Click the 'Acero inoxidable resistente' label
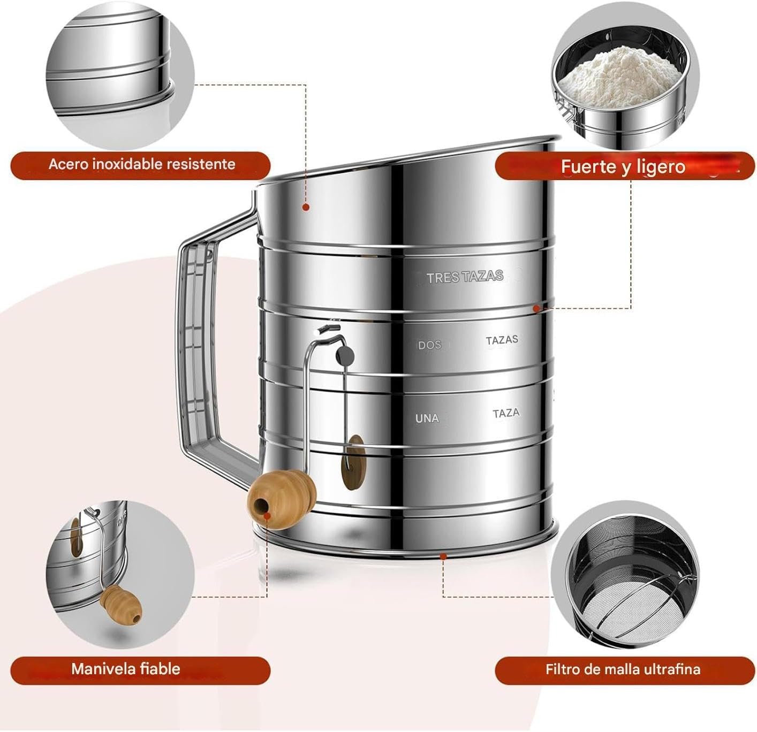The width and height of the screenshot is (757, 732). pyautogui.click(x=141, y=164)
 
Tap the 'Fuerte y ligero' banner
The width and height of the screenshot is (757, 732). pyautogui.click(x=623, y=167)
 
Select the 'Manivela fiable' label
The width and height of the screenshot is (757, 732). pyautogui.click(x=126, y=669)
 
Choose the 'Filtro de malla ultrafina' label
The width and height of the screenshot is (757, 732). pyautogui.click(x=623, y=669)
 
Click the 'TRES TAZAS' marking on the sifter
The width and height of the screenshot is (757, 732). pyautogui.click(x=465, y=277)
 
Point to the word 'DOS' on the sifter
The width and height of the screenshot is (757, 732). pyautogui.click(x=429, y=345)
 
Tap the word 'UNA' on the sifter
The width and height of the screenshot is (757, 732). pyautogui.click(x=427, y=418)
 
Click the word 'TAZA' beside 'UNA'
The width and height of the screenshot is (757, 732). pyautogui.click(x=506, y=413)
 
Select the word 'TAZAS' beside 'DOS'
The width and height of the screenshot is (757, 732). pyautogui.click(x=502, y=340)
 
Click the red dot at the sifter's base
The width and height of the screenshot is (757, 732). pyautogui.click(x=443, y=556)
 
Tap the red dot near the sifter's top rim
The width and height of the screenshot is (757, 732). pyautogui.click(x=306, y=207)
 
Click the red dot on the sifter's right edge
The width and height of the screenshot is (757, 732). pyautogui.click(x=536, y=308)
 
